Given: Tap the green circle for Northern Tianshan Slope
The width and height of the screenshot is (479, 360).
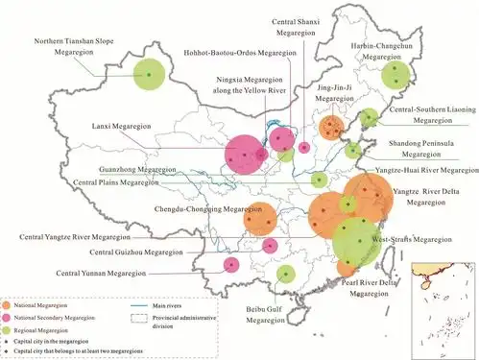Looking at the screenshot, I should click(149, 73).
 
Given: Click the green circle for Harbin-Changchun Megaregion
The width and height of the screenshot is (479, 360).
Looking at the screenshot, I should click(394, 77).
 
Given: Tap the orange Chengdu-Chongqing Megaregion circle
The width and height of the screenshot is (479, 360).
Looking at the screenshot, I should click(260, 220).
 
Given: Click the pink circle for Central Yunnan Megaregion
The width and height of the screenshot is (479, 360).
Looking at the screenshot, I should click(231, 264).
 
